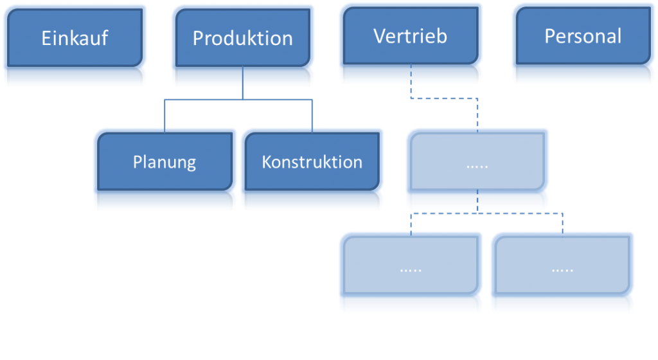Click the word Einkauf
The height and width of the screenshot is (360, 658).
tap(75, 38)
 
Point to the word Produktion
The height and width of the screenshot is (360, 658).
tap(242, 38)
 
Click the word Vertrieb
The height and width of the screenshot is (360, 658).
tap(410, 35)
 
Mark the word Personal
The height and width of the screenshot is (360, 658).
tap(583, 35)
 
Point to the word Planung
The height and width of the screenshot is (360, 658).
tap(164, 161)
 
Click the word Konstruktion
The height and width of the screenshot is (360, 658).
tap(312, 161)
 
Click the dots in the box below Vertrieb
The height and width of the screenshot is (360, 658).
tap(477, 166)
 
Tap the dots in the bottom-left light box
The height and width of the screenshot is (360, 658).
tap(411, 270)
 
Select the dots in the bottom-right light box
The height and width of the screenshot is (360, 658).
tap(563, 270)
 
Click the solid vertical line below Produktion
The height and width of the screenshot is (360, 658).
tap(242, 92)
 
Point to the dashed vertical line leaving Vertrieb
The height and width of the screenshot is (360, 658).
tap(410, 91)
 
